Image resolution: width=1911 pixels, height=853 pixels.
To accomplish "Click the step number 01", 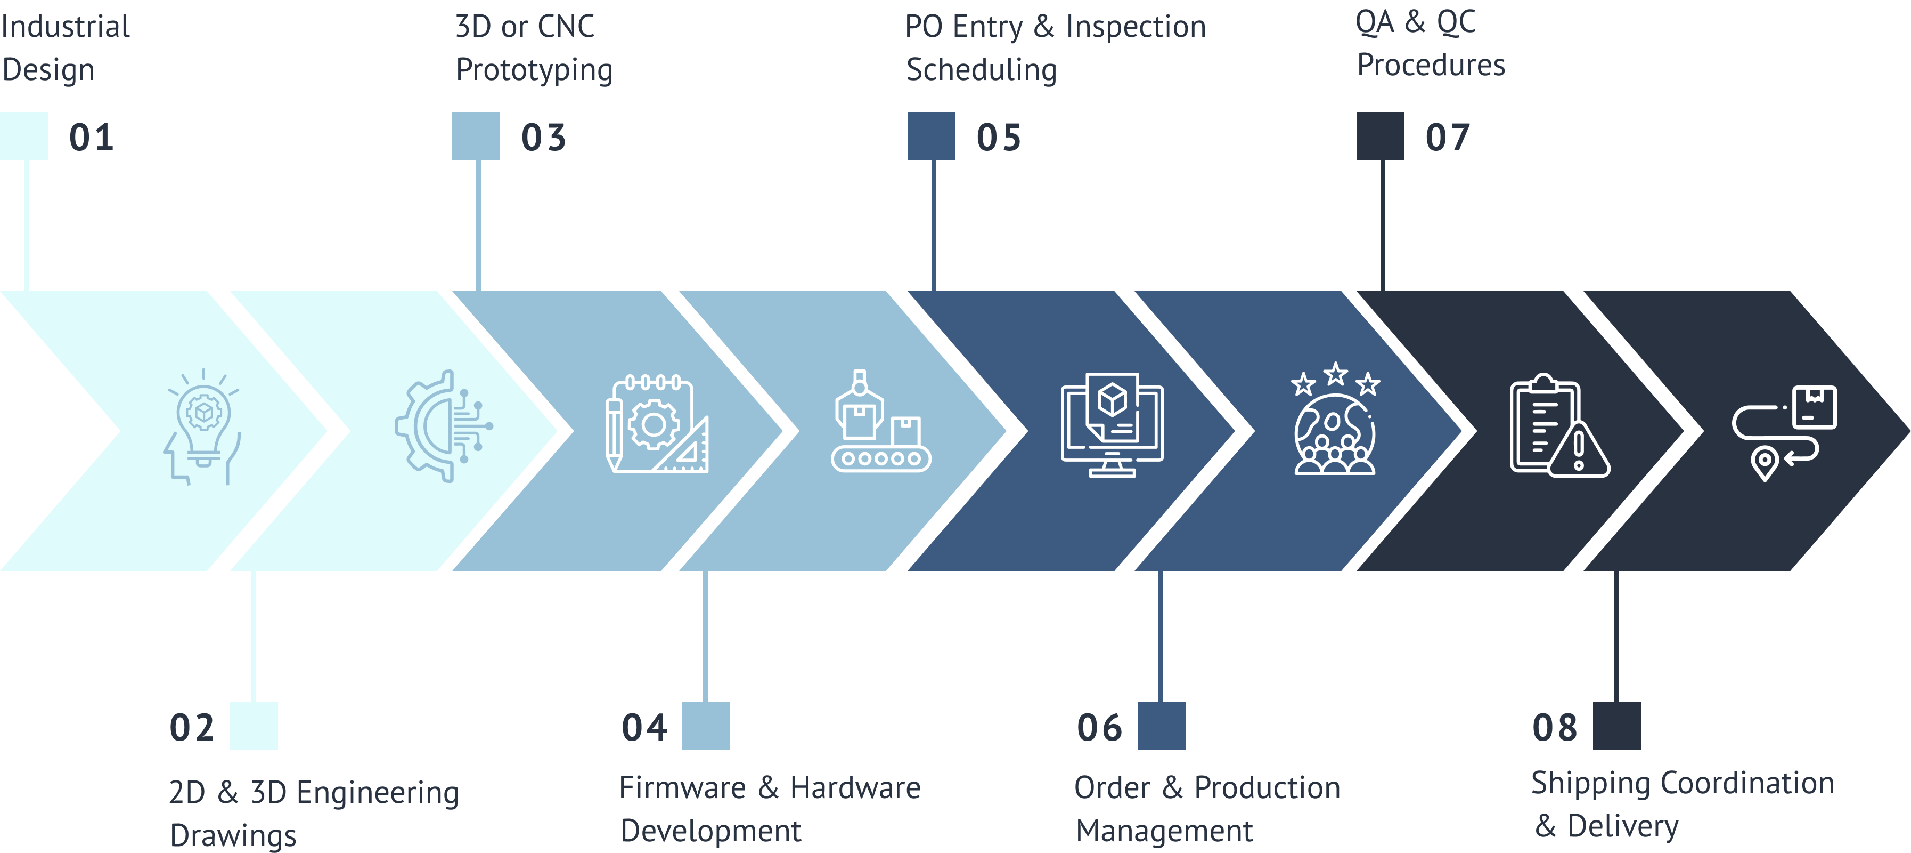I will click(91, 138).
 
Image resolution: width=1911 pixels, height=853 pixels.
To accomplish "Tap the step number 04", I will click(644, 728).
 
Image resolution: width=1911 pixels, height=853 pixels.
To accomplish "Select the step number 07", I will click(1447, 138).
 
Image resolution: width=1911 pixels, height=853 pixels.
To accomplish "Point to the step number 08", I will click(1555, 728).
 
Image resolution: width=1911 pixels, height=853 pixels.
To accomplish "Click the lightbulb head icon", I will click(202, 427).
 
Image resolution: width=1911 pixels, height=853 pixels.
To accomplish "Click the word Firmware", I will click(682, 787).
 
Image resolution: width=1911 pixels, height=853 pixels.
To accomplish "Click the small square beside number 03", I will click(476, 136).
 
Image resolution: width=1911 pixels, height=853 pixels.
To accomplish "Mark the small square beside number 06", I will click(1161, 726).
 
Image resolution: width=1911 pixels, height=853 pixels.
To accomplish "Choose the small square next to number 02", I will click(254, 726).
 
